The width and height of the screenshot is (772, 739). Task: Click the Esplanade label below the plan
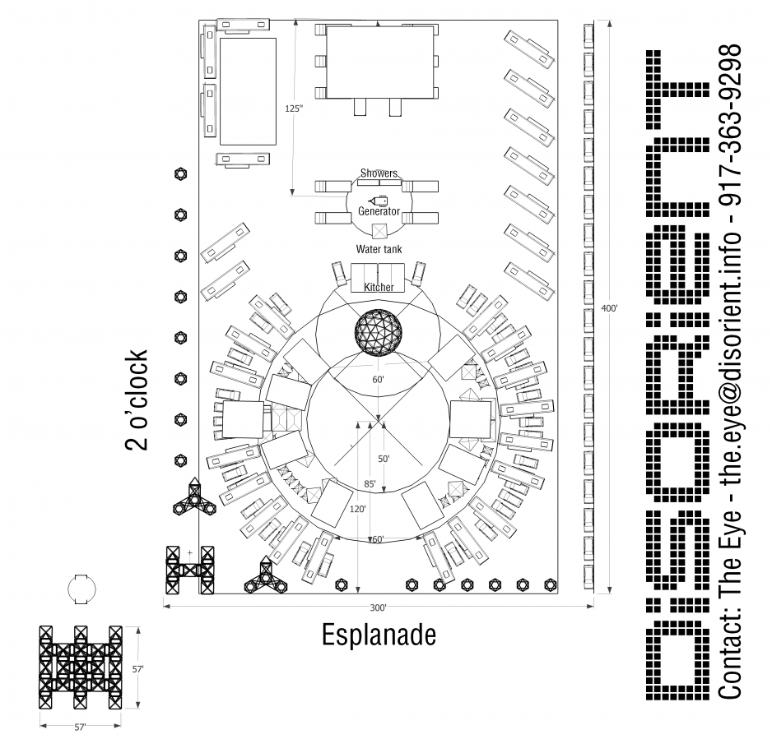pyautogui.click(x=378, y=635)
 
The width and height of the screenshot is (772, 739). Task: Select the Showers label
pyautogui.click(x=379, y=173)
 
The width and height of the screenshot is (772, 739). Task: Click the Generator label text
pyautogui.click(x=379, y=212)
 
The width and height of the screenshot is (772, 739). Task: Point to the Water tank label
pyautogui.click(x=378, y=248)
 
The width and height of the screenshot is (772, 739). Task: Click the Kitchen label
pyautogui.click(x=379, y=287)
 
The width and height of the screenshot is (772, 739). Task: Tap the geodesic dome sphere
pyautogui.click(x=379, y=332)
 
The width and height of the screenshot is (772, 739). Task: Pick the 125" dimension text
pyautogui.click(x=294, y=109)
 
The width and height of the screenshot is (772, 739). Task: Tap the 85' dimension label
pyautogui.click(x=370, y=484)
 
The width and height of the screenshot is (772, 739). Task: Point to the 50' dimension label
pyautogui.click(x=384, y=458)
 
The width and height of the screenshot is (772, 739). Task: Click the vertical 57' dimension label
pyautogui.click(x=138, y=669)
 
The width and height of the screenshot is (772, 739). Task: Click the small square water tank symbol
pyautogui.click(x=379, y=231)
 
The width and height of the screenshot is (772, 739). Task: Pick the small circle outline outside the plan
pyautogui.click(x=81, y=589)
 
